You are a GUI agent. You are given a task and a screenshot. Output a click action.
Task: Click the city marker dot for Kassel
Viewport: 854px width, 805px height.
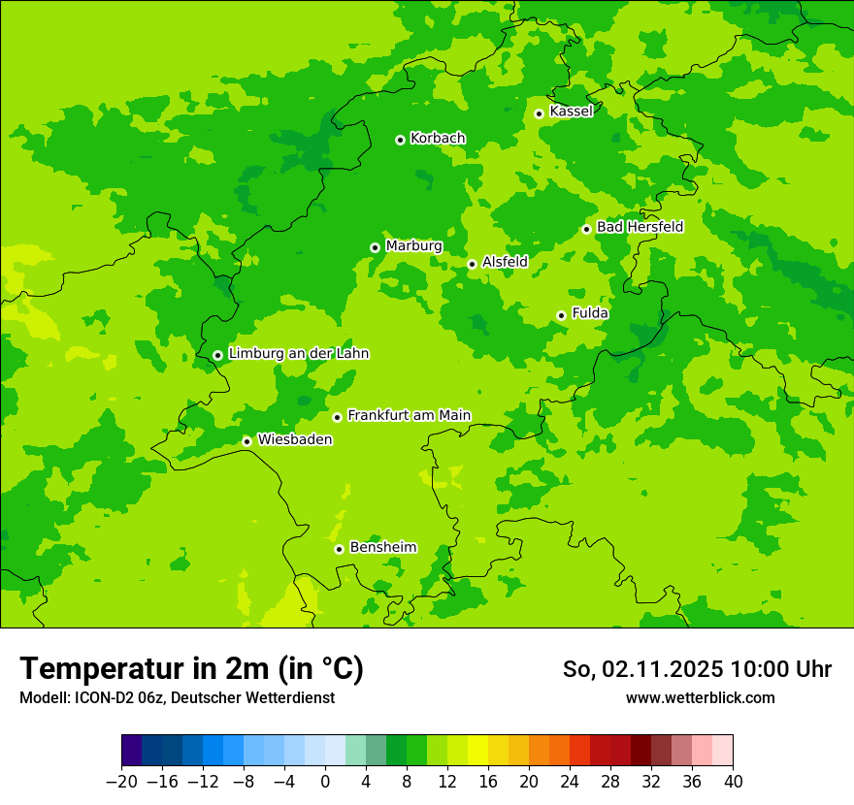pos(539,113)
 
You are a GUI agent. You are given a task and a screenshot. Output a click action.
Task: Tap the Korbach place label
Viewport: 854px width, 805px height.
pos(438,139)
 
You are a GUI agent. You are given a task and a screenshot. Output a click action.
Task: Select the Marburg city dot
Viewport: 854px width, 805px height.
pos(375,247)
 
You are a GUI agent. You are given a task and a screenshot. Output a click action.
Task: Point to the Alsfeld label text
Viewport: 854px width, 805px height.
pos(505,262)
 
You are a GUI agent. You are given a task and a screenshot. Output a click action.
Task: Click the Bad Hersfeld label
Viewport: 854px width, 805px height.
pos(640,227)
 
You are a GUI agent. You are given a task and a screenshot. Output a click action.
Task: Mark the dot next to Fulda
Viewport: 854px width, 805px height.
pos(561,315)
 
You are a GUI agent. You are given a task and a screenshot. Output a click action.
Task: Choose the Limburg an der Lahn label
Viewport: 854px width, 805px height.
pos(298,354)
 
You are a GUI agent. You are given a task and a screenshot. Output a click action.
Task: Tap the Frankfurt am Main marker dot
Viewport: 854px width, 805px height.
pos(337,417)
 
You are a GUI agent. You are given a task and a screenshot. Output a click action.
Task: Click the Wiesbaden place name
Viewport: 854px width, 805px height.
pos(294,440)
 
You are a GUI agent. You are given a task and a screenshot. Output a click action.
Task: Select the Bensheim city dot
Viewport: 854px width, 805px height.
pos(339,549)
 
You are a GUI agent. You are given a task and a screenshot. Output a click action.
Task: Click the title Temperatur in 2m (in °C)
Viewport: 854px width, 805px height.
pos(192,668)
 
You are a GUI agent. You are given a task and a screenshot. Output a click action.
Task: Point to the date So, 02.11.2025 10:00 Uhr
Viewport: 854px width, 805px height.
pos(697,669)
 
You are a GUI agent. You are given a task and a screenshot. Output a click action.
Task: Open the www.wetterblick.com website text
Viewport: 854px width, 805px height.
pos(700,697)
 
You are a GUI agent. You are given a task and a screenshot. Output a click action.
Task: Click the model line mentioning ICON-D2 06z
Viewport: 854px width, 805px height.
pos(177,697)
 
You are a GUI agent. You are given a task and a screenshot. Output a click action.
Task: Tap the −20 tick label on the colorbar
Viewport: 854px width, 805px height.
pos(121,782)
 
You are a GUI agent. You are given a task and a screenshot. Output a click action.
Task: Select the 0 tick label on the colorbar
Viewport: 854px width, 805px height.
pos(325,782)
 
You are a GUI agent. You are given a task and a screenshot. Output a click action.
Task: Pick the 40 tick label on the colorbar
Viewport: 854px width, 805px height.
pos(733,782)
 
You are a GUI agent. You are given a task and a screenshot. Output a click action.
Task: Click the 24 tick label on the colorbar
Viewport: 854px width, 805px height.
pos(570,782)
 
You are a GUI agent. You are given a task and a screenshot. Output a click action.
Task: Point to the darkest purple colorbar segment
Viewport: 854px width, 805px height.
pos(132,751)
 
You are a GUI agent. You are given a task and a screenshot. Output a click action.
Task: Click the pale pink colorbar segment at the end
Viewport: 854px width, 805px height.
pos(723,751)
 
